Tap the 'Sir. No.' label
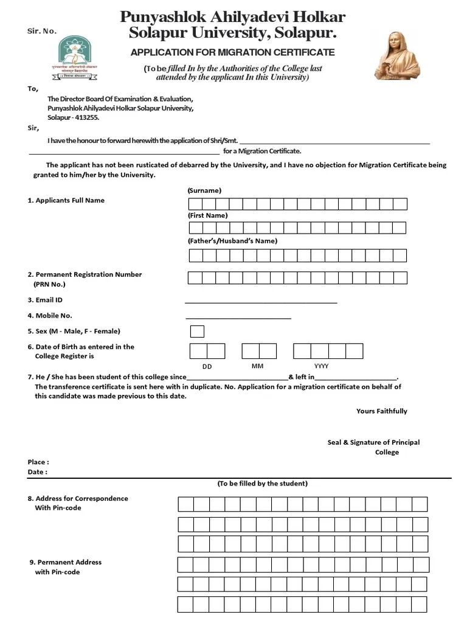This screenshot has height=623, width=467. [42, 31]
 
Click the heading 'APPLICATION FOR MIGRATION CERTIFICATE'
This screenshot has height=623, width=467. [232, 52]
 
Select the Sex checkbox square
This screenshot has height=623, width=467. [197, 332]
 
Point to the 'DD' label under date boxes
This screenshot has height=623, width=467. [207, 367]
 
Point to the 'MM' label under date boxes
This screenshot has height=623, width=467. [257, 367]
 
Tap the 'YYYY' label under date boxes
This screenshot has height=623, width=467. [322, 367]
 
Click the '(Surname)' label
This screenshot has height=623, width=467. [204, 190]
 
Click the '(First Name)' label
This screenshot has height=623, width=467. [207, 215]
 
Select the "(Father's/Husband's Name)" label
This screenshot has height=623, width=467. [232, 241]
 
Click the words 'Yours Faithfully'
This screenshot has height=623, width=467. [381, 411]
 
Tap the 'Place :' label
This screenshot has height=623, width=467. [38, 462]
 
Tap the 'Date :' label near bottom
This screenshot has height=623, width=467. [37, 472]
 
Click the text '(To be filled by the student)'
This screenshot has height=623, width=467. [263, 484]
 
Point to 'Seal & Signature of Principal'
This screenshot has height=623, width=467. [373, 442]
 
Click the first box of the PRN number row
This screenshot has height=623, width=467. [195, 278]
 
